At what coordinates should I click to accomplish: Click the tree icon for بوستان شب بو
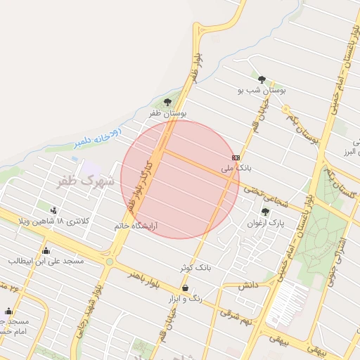(x=262, y=79)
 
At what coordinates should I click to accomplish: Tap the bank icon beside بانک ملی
(x=236, y=157)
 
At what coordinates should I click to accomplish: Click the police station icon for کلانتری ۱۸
(x=53, y=210)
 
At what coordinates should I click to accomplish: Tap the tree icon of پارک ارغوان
(x=265, y=212)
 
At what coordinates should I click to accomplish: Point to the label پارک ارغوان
(x=264, y=223)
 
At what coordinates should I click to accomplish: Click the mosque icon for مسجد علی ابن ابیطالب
(x=46, y=250)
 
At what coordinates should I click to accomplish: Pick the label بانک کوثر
(x=195, y=268)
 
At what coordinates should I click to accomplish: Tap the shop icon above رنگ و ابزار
(x=185, y=288)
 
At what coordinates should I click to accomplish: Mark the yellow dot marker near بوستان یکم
(x=285, y=108)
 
